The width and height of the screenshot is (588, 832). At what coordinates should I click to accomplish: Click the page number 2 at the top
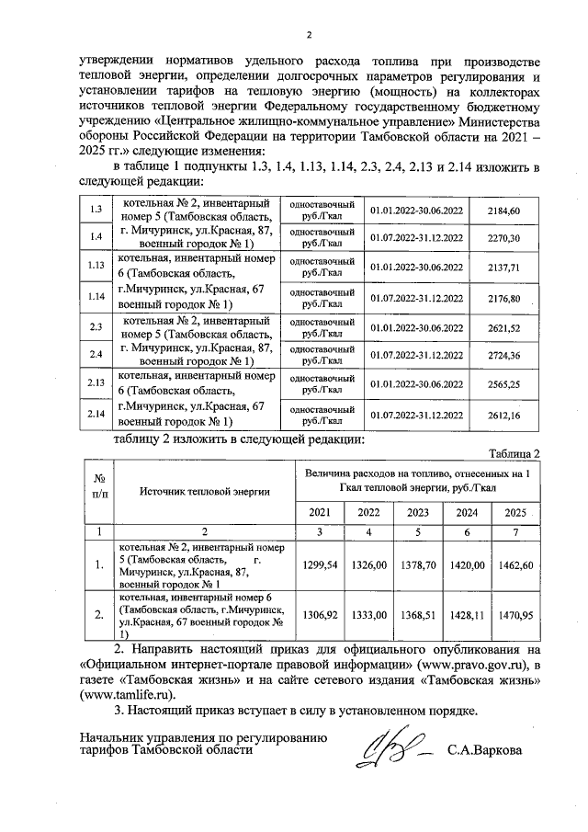[x=310, y=36]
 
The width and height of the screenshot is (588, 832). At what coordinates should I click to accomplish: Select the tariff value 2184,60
[x=503, y=211]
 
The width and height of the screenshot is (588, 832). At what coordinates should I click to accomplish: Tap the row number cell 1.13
[x=95, y=267]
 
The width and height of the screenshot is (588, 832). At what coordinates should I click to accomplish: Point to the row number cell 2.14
[x=95, y=414]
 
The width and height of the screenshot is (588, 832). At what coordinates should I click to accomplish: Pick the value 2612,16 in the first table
[x=503, y=414]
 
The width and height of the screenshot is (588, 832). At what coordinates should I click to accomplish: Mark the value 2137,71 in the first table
[x=503, y=267]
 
